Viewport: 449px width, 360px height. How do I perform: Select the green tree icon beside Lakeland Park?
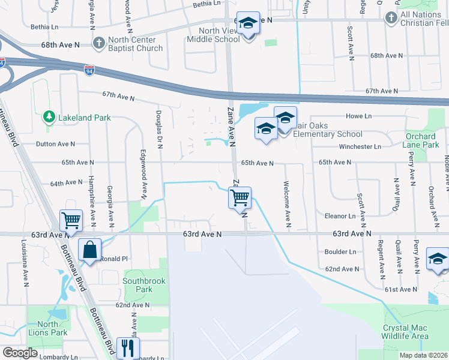[49, 118]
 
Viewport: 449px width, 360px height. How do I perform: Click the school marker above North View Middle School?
[247, 24]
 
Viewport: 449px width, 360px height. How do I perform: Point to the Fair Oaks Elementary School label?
[327, 134]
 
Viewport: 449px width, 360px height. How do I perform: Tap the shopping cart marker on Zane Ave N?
[240, 197]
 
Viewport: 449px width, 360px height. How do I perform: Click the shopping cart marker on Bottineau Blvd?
[71, 220]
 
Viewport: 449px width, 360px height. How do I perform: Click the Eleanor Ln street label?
[340, 215]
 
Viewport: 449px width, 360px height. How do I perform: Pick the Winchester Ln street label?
[360, 146]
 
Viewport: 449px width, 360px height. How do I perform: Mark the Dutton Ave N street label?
[55, 144]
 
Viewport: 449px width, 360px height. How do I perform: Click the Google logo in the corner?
[20, 353]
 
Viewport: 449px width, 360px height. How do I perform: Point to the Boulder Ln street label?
[340, 252]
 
